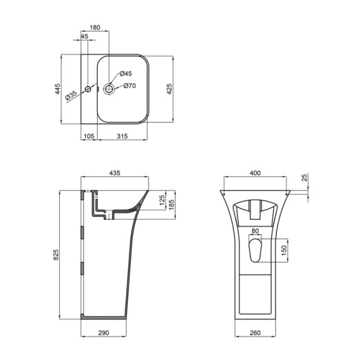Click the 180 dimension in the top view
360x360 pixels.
[x=95, y=28]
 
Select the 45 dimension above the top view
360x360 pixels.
[x=85, y=36]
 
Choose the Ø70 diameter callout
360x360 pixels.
[x=130, y=86]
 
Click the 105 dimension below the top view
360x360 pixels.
[x=88, y=137]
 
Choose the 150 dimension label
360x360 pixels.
[x=284, y=251]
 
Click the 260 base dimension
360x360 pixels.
[x=255, y=334]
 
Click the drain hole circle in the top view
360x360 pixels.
[x=109, y=89]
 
